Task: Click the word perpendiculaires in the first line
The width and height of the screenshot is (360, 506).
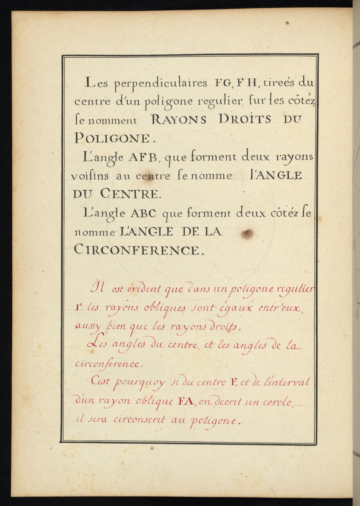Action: [x=161, y=84]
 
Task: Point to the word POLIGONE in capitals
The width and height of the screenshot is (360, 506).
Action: [x=111, y=138]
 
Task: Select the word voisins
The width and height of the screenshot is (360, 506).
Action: [x=90, y=176]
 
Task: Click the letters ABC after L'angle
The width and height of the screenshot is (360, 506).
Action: [x=143, y=214]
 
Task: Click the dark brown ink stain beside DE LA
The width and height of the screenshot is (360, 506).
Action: [x=247, y=233]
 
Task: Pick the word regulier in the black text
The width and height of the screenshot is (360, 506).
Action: [x=219, y=101]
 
